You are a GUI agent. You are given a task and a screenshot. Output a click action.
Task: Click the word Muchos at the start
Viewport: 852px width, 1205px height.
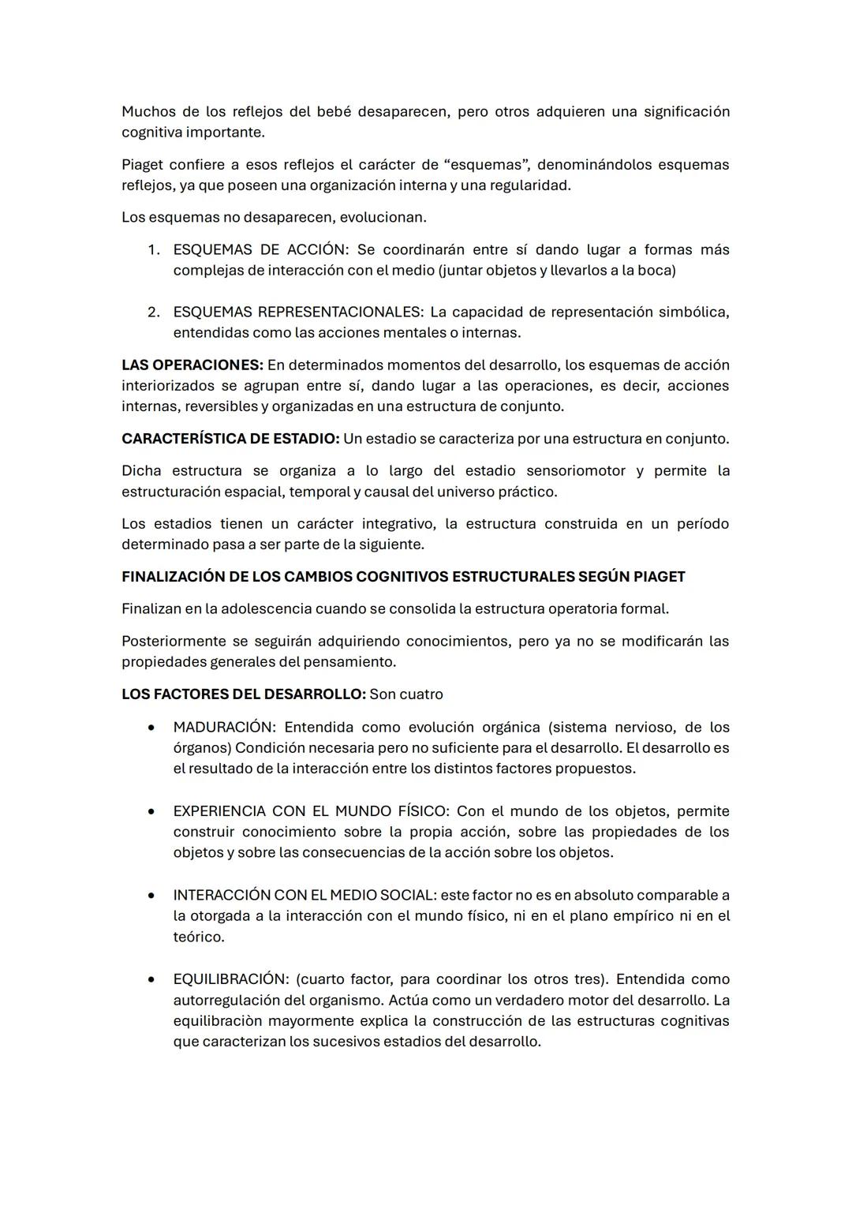click(x=148, y=112)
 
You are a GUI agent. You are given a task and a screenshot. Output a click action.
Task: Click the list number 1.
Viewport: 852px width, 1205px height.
click(x=153, y=250)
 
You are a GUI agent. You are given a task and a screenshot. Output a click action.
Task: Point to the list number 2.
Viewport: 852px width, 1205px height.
click(x=153, y=312)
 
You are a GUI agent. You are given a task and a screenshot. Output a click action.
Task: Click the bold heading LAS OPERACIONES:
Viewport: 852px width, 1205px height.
click(x=192, y=365)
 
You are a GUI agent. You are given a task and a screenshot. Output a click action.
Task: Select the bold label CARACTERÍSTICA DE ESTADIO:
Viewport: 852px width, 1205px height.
click(x=230, y=439)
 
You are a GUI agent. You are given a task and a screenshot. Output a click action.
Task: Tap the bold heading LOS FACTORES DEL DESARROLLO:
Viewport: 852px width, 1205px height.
click(x=243, y=694)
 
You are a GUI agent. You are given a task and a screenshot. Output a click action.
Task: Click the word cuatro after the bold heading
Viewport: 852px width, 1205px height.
click(x=421, y=694)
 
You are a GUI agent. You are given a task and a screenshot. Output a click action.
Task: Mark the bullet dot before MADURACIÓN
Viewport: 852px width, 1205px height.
click(x=151, y=728)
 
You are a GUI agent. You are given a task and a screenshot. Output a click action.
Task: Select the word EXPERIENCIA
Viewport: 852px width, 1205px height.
click(x=219, y=811)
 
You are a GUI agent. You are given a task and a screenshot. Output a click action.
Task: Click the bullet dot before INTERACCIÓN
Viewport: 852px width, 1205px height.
click(x=151, y=896)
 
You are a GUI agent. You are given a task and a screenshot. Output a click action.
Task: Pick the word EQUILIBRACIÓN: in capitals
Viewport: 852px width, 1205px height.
click(x=230, y=979)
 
